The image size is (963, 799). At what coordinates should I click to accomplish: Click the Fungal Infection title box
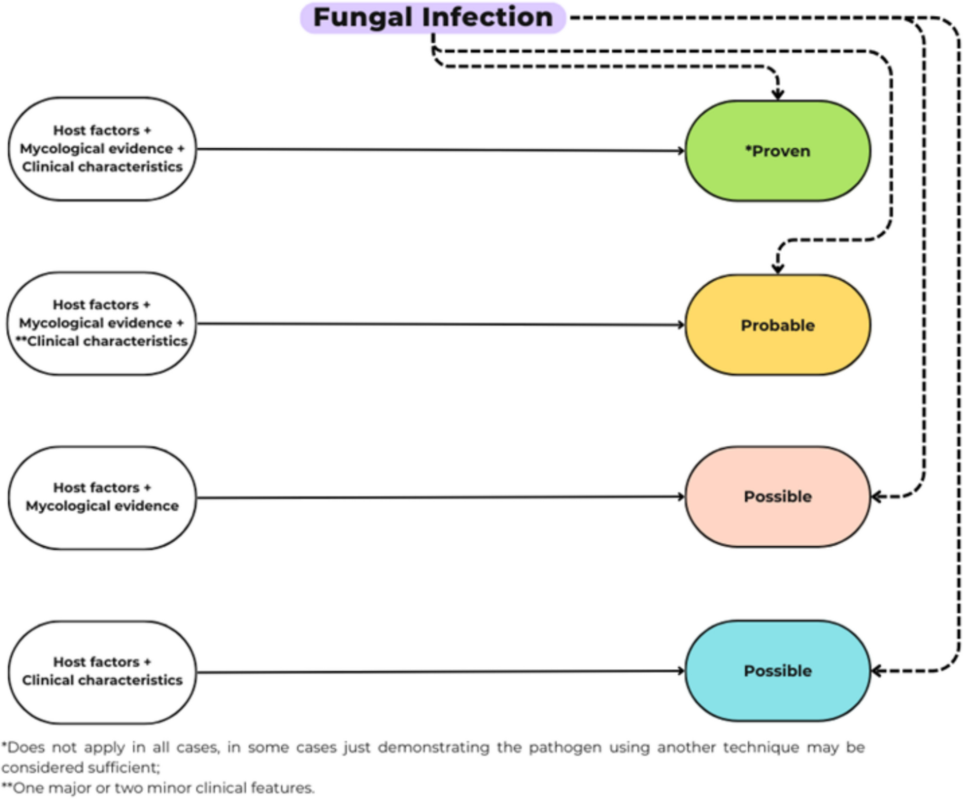pyautogui.click(x=433, y=18)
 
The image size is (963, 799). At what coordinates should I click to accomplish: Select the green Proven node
pyautogui.click(x=778, y=151)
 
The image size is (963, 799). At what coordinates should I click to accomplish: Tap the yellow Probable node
pyautogui.click(x=778, y=325)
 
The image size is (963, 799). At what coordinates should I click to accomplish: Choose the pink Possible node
pyautogui.click(x=778, y=496)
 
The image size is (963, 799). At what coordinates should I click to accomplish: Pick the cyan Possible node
pyautogui.click(x=778, y=671)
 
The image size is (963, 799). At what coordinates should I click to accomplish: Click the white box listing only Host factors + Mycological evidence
pyautogui.click(x=102, y=497)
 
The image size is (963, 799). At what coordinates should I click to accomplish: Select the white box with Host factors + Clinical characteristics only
pyautogui.click(x=102, y=671)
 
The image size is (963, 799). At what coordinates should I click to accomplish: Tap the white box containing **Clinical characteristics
pyautogui.click(x=102, y=323)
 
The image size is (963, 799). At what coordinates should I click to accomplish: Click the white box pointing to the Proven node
pyautogui.click(x=102, y=149)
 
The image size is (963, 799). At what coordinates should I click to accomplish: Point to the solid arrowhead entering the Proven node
pyautogui.click(x=681, y=151)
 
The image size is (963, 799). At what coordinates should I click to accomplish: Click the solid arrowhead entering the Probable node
pyautogui.click(x=681, y=325)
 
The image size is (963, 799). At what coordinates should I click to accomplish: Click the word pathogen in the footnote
pyautogui.click(x=565, y=748)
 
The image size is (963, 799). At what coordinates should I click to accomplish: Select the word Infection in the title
pyautogui.click(x=487, y=18)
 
